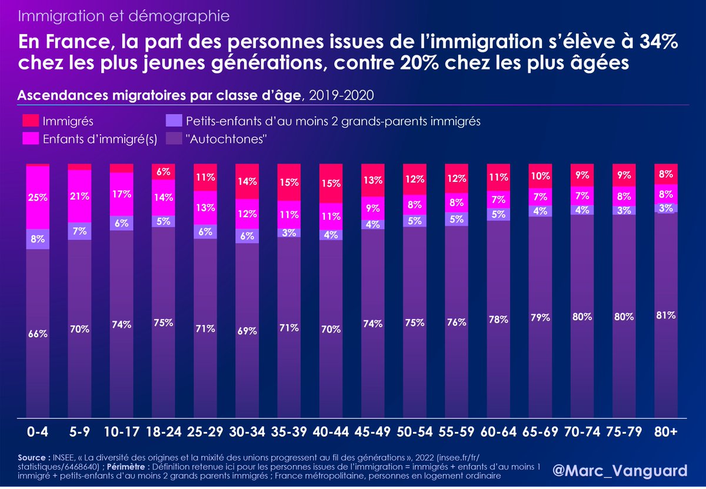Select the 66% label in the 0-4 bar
(38, 333)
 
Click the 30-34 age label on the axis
(247, 432)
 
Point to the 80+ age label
(665, 432)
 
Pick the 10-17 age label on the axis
(122, 432)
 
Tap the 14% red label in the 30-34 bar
(247, 182)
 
